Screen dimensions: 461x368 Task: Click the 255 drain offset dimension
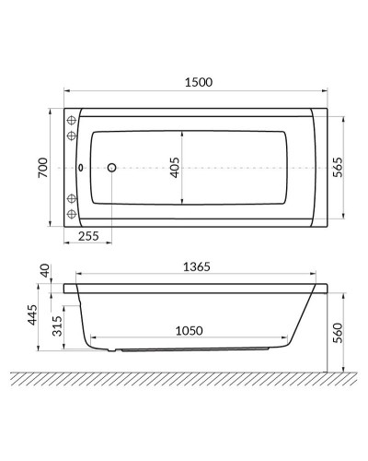tap(89, 236)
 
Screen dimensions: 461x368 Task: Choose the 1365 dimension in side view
tap(197, 266)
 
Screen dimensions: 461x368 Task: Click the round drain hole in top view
tap(112, 169)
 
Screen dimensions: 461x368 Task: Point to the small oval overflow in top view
tap(82, 169)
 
